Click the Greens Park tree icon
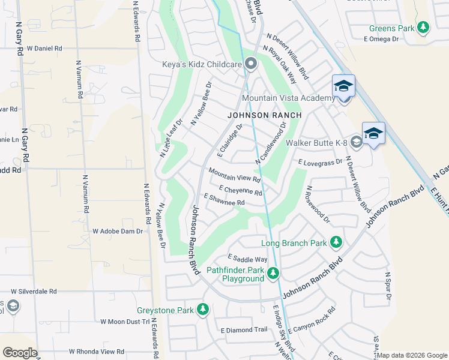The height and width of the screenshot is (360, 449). click(424, 27)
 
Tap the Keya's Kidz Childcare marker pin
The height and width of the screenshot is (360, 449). click(251, 63)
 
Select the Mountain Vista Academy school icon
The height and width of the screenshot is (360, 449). click(343, 87)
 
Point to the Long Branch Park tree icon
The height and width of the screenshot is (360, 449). click(336, 242)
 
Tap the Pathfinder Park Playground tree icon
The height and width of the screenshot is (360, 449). click(274, 274)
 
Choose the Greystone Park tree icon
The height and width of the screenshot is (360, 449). click(203, 310)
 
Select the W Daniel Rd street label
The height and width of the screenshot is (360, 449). click(44, 48)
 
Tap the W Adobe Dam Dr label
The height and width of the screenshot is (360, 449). click(118, 231)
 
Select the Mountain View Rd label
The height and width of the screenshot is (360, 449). click(234, 175)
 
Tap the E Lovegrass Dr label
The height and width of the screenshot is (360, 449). click(320, 162)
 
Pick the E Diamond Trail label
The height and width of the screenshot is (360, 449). click(244, 330)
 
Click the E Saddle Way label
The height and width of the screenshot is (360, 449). click(247, 259)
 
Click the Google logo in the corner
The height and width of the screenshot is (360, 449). click(20, 352)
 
